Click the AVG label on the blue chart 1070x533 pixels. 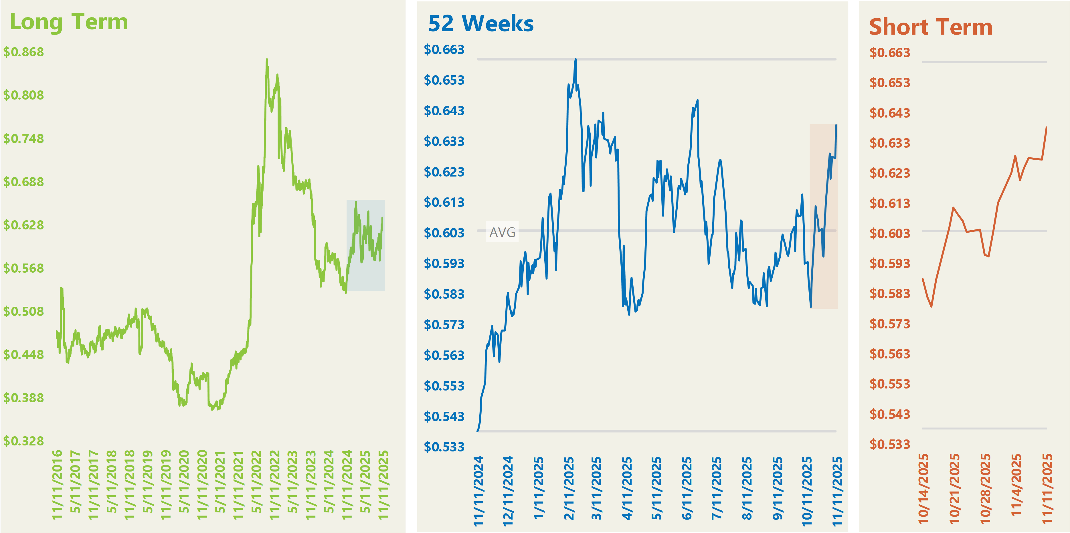pos(502,232)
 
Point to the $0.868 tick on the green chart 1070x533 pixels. pos(24,52)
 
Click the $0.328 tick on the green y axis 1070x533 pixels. pos(24,441)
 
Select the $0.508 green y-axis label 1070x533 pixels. pos(24,311)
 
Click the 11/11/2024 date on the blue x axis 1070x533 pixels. pos(478,491)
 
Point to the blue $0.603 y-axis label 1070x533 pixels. pos(444,233)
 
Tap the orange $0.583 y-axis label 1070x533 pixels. pos(890,294)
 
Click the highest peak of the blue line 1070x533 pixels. pos(575,59)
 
